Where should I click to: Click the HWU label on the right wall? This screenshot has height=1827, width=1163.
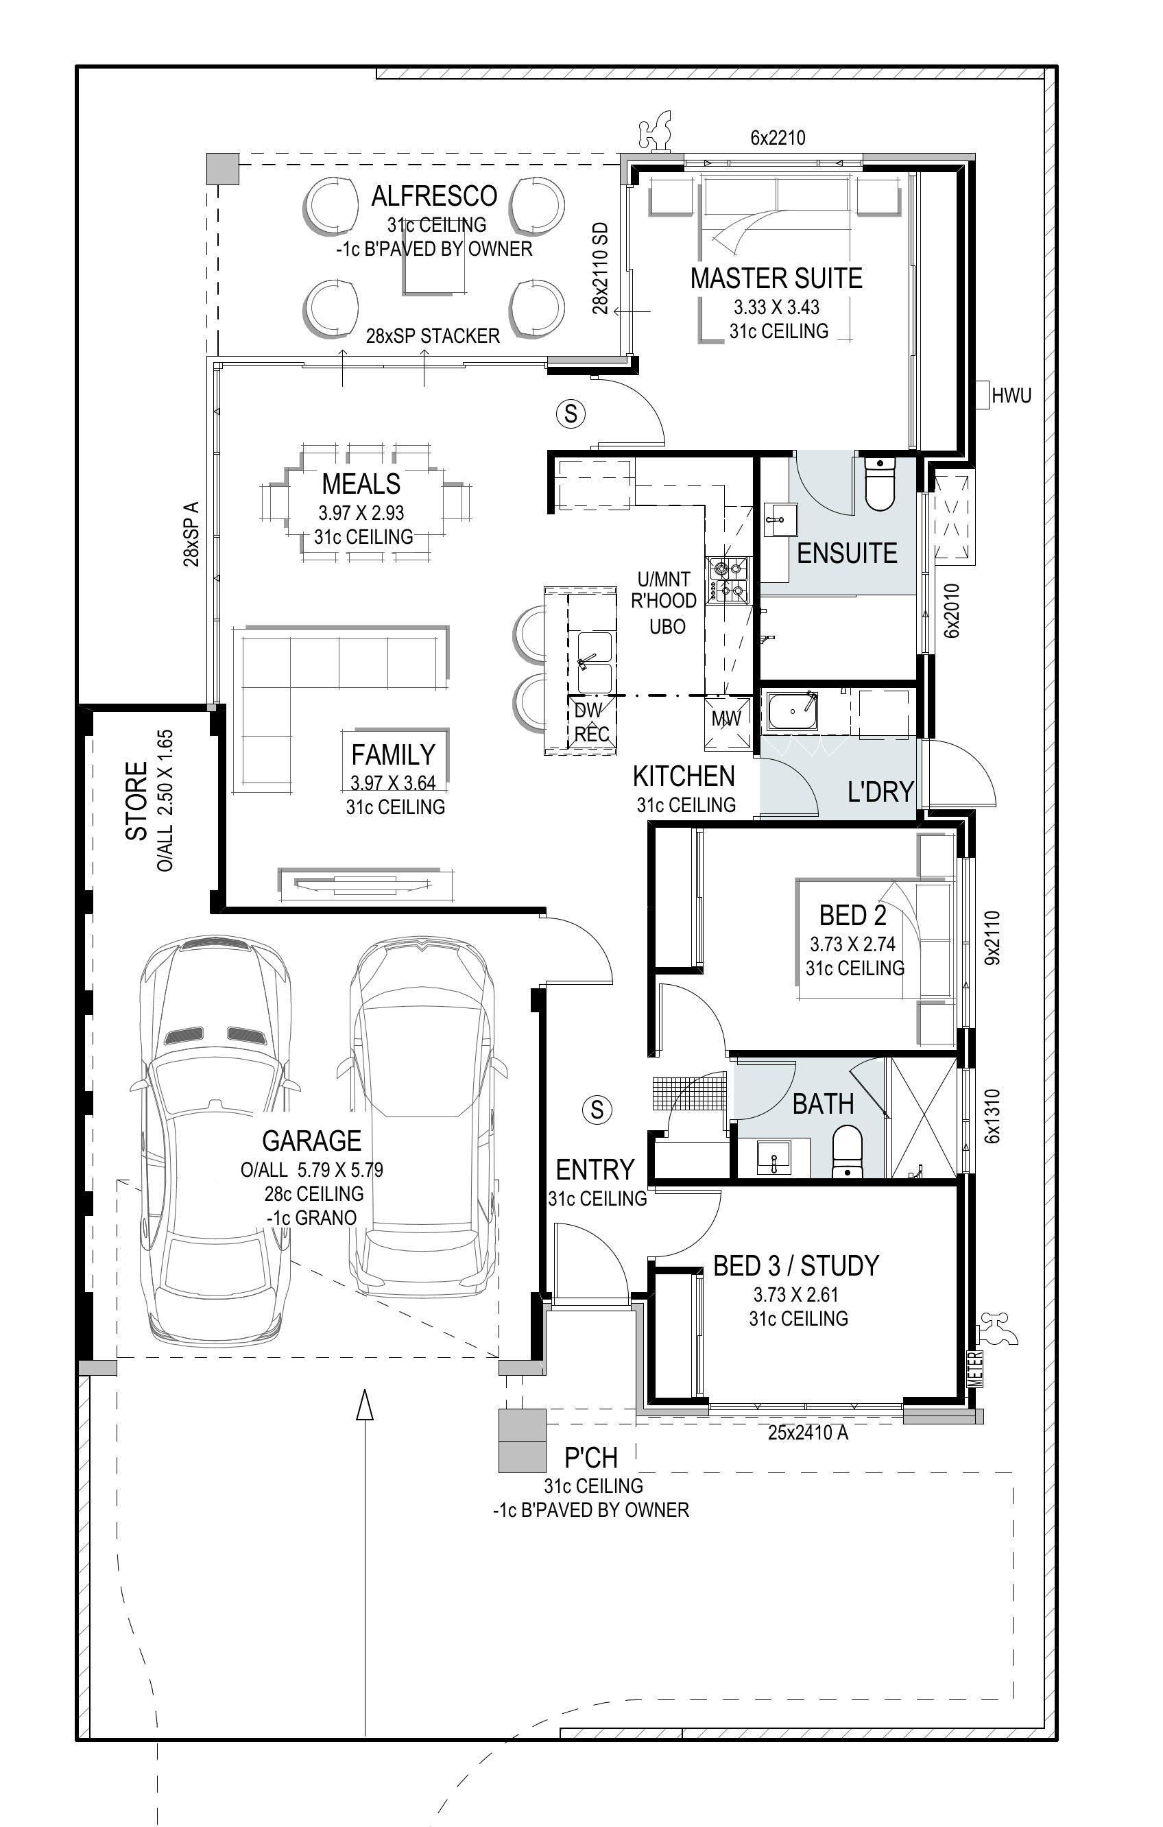click(x=1011, y=395)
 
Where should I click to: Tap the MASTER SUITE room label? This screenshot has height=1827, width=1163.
click(x=776, y=278)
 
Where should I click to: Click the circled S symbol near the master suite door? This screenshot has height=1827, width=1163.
click(x=571, y=414)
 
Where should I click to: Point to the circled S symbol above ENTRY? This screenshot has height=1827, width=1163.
click(x=597, y=1109)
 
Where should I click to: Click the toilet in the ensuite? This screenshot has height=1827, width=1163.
click(x=880, y=484)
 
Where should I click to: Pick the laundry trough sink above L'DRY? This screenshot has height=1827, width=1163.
click(x=793, y=713)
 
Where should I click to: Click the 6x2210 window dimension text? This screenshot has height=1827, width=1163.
click(x=778, y=138)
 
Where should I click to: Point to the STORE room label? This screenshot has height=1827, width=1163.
click(x=136, y=801)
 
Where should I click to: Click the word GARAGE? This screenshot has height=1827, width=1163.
click(x=312, y=1141)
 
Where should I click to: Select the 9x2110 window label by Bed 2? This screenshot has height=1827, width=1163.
click(x=992, y=938)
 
